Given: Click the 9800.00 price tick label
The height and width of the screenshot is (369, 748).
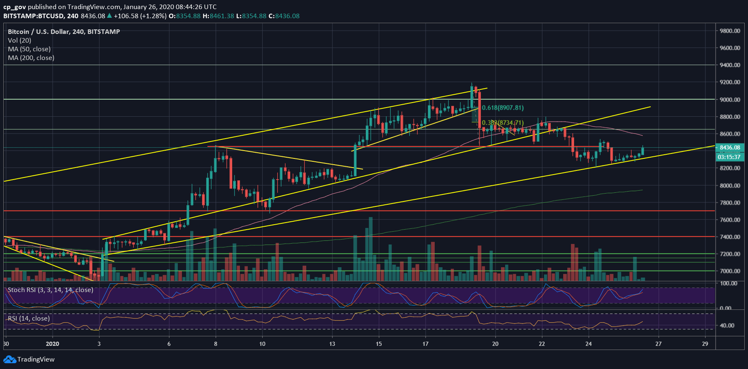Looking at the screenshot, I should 730,31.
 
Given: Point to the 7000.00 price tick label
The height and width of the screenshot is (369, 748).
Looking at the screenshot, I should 730,271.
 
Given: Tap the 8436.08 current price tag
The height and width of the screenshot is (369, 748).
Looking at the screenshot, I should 730,148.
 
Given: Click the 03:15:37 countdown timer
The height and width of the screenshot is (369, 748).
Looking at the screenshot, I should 729,157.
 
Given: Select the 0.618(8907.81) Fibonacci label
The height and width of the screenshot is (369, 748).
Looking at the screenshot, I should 503,108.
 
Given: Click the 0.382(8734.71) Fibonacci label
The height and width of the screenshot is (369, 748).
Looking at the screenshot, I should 503,123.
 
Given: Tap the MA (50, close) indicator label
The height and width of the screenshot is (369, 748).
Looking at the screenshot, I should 29,49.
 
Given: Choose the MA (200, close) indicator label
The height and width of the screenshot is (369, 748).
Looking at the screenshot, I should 31,58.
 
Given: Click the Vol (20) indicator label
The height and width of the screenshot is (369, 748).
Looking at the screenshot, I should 19,41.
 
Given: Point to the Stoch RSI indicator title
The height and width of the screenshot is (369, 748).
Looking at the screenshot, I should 50,290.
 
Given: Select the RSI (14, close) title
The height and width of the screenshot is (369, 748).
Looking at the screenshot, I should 29,319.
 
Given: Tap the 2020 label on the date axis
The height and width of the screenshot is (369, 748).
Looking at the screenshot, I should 53,344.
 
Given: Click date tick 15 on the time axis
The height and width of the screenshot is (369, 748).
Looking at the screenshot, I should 379,344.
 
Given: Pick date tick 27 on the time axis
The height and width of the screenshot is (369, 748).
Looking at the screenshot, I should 658,344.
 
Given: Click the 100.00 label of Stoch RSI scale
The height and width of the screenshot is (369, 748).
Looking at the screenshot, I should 729,283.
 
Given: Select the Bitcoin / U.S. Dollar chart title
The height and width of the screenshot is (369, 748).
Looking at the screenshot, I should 64,32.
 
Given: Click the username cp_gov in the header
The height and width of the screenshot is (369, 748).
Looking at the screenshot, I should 15,7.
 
